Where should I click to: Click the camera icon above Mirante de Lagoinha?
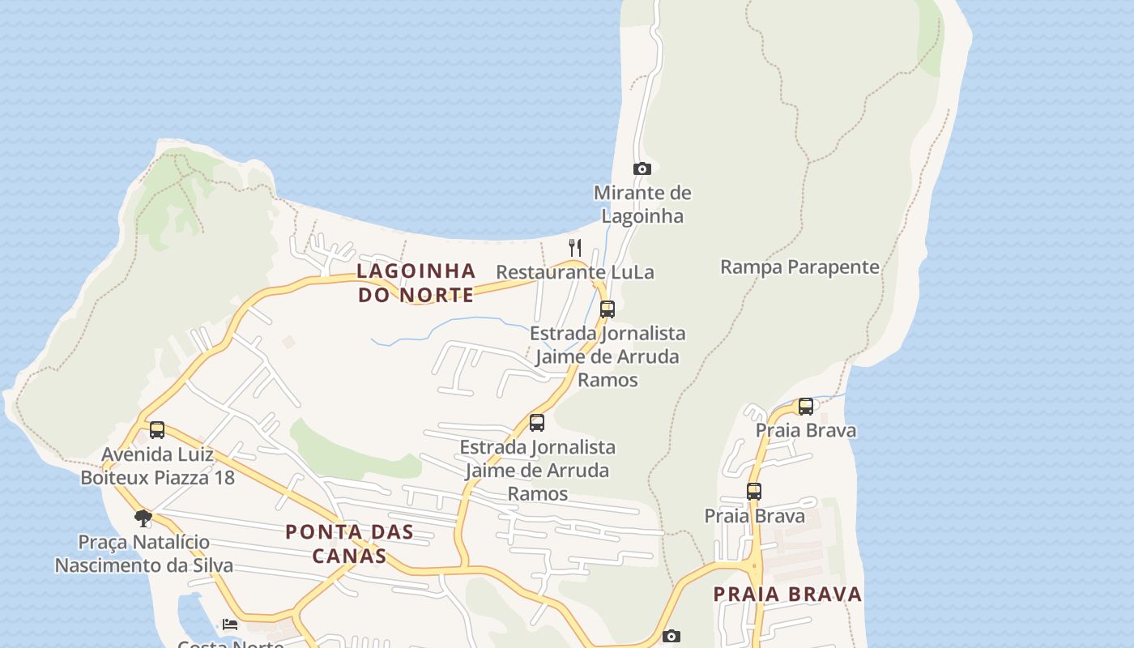coord(642,168)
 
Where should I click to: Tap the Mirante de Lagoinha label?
coord(642,204)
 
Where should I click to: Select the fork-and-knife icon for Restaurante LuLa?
coord(575,247)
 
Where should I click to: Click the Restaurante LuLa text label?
coord(574,272)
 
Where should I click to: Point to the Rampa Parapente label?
coord(799,267)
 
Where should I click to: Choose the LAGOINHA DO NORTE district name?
coord(416,283)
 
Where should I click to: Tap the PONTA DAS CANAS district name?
coord(349,544)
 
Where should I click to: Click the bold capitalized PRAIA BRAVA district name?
coord(787,595)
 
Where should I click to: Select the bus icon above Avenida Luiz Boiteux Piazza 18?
coord(157,429)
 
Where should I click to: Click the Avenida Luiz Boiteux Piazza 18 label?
coord(157,466)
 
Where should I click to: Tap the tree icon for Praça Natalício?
coord(143,518)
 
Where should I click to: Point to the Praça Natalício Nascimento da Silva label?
coord(144,554)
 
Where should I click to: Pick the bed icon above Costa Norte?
coord(230,625)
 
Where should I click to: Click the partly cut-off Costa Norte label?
coord(231,644)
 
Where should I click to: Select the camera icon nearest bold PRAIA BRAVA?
coord(671,637)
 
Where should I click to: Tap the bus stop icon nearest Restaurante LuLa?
coord(607,309)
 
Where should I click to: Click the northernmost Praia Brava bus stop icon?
coord(805,406)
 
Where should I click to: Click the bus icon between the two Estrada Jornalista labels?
coord(536,422)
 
